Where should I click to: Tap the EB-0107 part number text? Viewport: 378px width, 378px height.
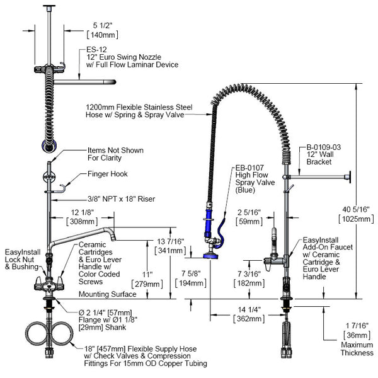[248, 169]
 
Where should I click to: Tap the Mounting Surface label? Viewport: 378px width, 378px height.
[107, 294]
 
